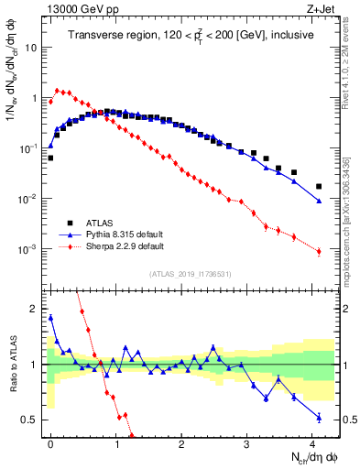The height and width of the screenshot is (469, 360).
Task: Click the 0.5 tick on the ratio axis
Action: (x=30, y=420)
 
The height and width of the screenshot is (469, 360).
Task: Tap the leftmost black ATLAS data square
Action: (x=50, y=158)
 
